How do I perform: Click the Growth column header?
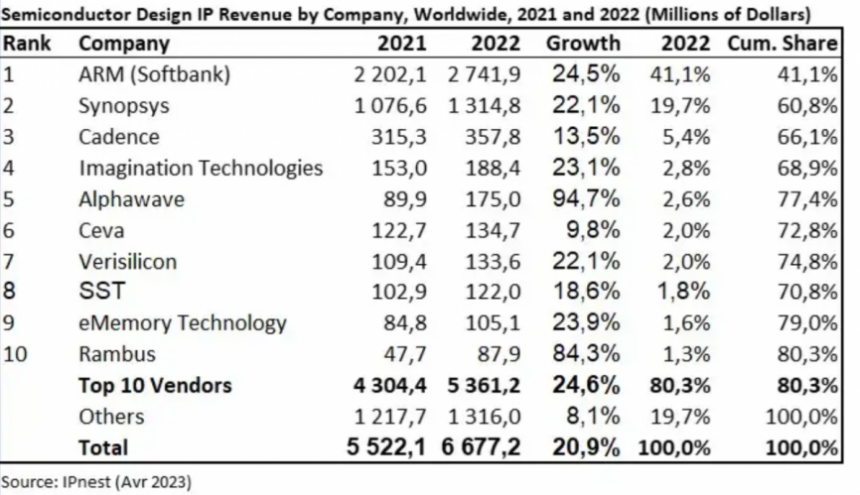click(583, 44)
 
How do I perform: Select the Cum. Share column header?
click(783, 44)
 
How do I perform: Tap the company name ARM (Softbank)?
click(154, 74)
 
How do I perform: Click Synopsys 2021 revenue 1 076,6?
click(390, 106)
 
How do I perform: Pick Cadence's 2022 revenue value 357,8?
click(493, 137)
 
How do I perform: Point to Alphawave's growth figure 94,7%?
click(586, 198)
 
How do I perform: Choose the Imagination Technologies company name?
click(201, 168)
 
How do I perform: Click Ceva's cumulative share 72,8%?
click(807, 230)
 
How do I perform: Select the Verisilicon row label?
click(127, 262)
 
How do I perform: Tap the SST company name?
click(102, 291)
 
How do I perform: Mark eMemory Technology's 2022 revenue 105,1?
click(493, 323)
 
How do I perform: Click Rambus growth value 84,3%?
click(586, 354)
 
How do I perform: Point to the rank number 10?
click(15, 354)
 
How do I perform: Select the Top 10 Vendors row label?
click(155, 386)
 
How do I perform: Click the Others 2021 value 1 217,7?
click(390, 417)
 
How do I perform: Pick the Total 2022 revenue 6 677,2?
click(481, 447)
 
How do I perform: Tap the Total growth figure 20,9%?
click(586, 447)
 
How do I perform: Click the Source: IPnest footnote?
click(96, 482)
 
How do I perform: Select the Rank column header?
click(27, 44)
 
